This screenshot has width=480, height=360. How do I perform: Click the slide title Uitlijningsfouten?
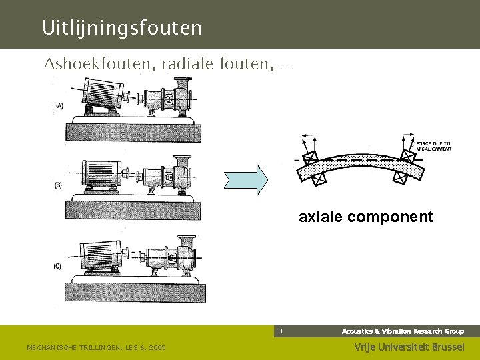[121, 28]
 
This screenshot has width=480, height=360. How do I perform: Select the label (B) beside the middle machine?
[59, 185]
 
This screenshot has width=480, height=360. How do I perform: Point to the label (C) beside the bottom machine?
[59, 267]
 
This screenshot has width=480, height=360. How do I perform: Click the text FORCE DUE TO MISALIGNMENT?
[434, 146]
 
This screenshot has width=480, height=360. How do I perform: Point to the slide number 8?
[281, 331]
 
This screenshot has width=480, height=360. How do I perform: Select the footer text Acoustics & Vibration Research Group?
[403, 331]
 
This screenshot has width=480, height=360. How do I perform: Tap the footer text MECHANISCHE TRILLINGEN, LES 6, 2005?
[96, 347]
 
